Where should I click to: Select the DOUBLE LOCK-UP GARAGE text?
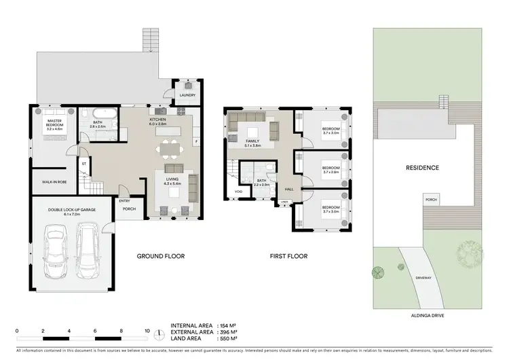click(71, 211)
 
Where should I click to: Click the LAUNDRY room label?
click(188, 95)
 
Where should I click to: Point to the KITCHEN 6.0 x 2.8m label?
click(157, 121)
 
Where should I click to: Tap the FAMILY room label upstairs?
click(252, 143)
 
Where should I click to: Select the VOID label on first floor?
click(238, 192)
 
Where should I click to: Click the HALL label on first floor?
click(288, 189)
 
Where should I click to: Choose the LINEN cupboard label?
click(284, 202)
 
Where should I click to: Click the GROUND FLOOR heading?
click(161, 257)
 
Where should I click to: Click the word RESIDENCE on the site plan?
click(422, 168)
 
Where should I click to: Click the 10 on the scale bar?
click(147, 331)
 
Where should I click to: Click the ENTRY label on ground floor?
click(125, 200)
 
